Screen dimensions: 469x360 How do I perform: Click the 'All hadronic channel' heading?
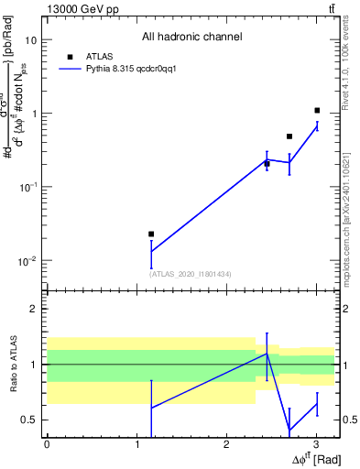(191, 38)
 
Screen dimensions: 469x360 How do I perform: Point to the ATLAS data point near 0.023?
(151, 234)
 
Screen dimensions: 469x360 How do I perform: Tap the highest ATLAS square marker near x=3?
(316, 111)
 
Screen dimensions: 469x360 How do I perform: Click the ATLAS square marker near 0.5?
(289, 136)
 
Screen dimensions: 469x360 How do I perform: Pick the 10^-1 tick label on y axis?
(27, 187)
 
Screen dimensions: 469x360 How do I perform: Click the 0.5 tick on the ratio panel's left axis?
(29, 420)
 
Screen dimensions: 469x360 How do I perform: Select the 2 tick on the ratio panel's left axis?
(35, 309)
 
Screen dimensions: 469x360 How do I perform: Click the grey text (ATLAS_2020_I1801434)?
(190, 274)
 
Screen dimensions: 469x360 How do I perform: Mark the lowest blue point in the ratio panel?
(289, 430)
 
